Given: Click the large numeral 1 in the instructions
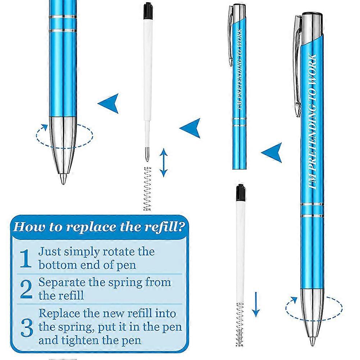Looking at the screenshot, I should coord(25,259).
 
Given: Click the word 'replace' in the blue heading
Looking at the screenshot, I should coord(81,227).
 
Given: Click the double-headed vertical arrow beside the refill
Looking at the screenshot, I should coord(164,163).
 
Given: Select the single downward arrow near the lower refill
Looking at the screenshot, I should coord(255,304).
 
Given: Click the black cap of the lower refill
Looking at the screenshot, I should coord(240,193).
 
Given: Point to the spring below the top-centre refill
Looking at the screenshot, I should coord(147,189).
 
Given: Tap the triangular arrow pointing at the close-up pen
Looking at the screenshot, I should coord(109,103).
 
